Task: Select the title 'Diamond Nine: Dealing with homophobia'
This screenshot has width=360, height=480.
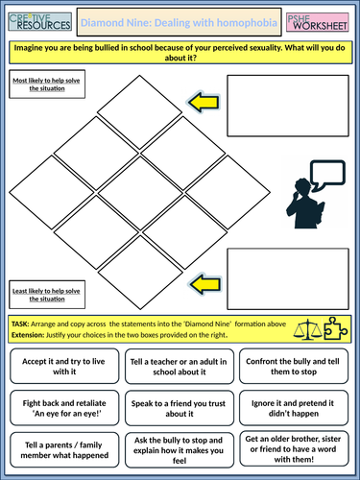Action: tap(180, 21)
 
